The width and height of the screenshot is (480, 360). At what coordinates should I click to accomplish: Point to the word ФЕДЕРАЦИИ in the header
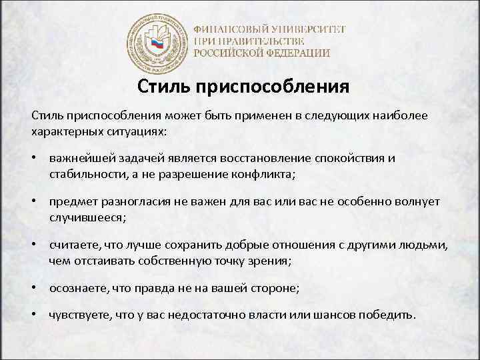tap(295, 53)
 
